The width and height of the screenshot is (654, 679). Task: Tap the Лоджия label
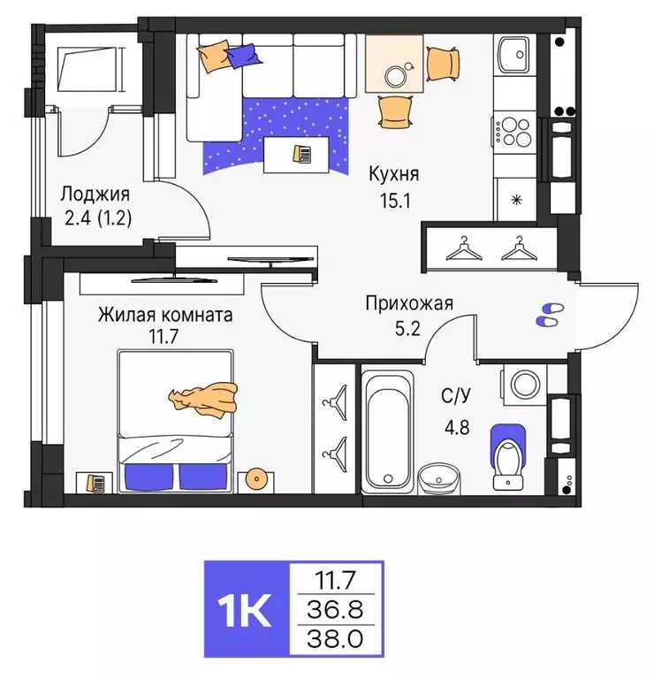95,195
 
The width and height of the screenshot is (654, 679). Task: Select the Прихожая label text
409,304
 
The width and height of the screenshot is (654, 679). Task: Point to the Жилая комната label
165,315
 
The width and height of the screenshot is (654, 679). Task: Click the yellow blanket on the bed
205,399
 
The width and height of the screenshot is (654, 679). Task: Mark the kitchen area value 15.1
394,201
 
